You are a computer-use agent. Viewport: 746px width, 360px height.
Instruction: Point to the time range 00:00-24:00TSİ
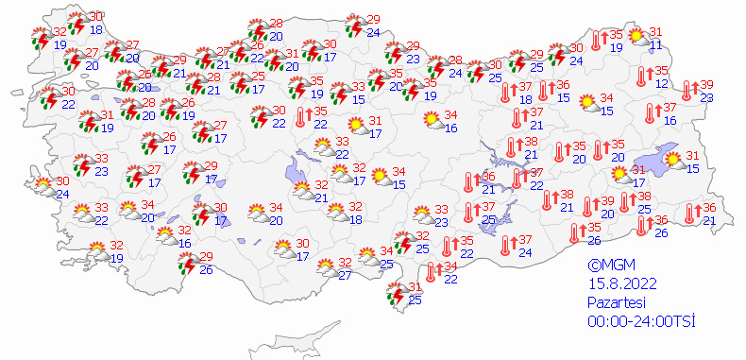pyautogui.click(x=639, y=321)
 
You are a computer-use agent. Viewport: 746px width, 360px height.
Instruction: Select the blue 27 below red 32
pyautogui.click(x=346, y=275)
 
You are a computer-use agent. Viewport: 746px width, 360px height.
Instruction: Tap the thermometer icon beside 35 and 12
pyautogui.click(x=645, y=77)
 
